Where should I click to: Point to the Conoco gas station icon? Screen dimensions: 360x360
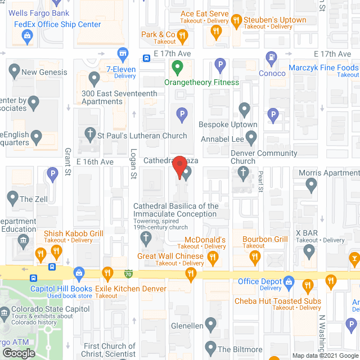point(272,57)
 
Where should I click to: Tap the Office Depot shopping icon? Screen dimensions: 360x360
point(289,281)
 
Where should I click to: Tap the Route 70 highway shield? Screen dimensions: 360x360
point(129,273)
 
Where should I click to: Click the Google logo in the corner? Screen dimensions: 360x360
point(18,353)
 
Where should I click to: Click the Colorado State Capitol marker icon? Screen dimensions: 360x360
point(6,310)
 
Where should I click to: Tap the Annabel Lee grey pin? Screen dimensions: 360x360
point(251,136)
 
